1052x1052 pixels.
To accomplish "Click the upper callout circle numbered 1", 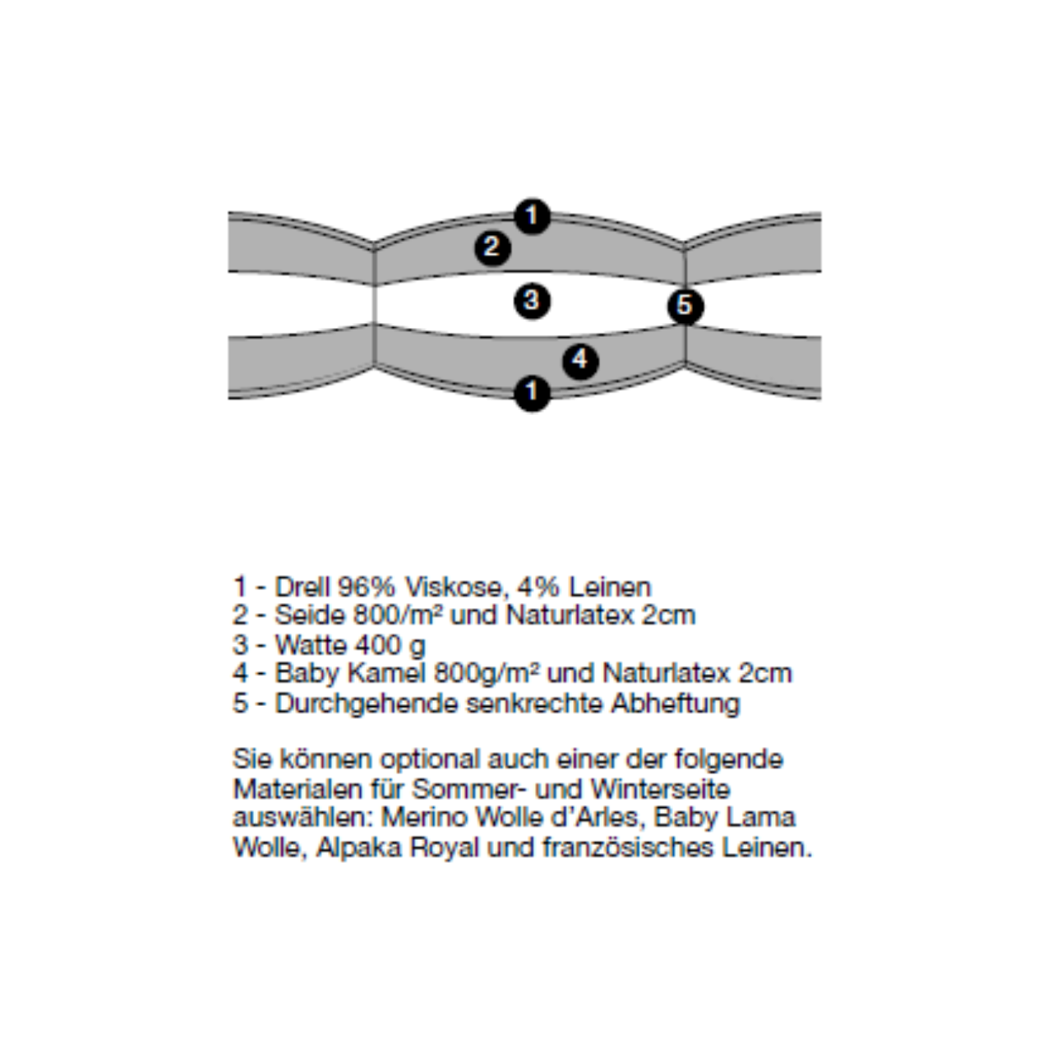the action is (x=533, y=216).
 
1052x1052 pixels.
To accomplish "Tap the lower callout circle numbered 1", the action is (x=533, y=393).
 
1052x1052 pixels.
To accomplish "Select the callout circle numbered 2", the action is (x=492, y=247).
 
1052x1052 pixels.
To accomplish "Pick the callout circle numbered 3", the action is (x=533, y=301).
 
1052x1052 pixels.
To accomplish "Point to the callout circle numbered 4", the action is (x=580, y=361).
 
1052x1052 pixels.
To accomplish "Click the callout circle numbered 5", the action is (x=685, y=306).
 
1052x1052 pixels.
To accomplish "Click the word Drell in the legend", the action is (x=302, y=588).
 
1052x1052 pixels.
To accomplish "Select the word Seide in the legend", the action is (x=310, y=616).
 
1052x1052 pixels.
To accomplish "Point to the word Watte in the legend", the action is (x=311, y=645).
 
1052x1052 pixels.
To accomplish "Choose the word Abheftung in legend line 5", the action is (x=676, y=704).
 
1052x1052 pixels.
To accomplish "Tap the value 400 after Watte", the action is (x=375, y=645).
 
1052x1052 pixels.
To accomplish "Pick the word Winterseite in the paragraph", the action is (x=661, y=789).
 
